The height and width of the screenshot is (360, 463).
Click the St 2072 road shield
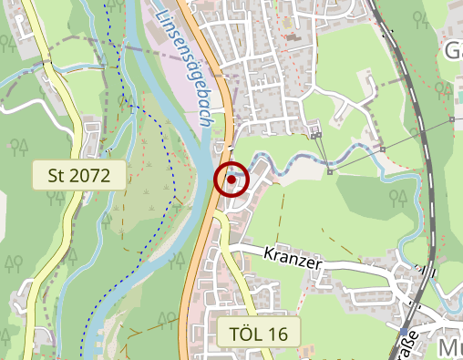(78, 175)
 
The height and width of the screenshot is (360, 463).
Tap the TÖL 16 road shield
(252, 334)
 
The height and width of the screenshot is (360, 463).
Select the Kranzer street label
(293, 260)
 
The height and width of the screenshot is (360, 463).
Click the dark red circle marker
(231, 180)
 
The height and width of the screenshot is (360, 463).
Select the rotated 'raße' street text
(407, 347)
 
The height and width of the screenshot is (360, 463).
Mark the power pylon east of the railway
(452, 119)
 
